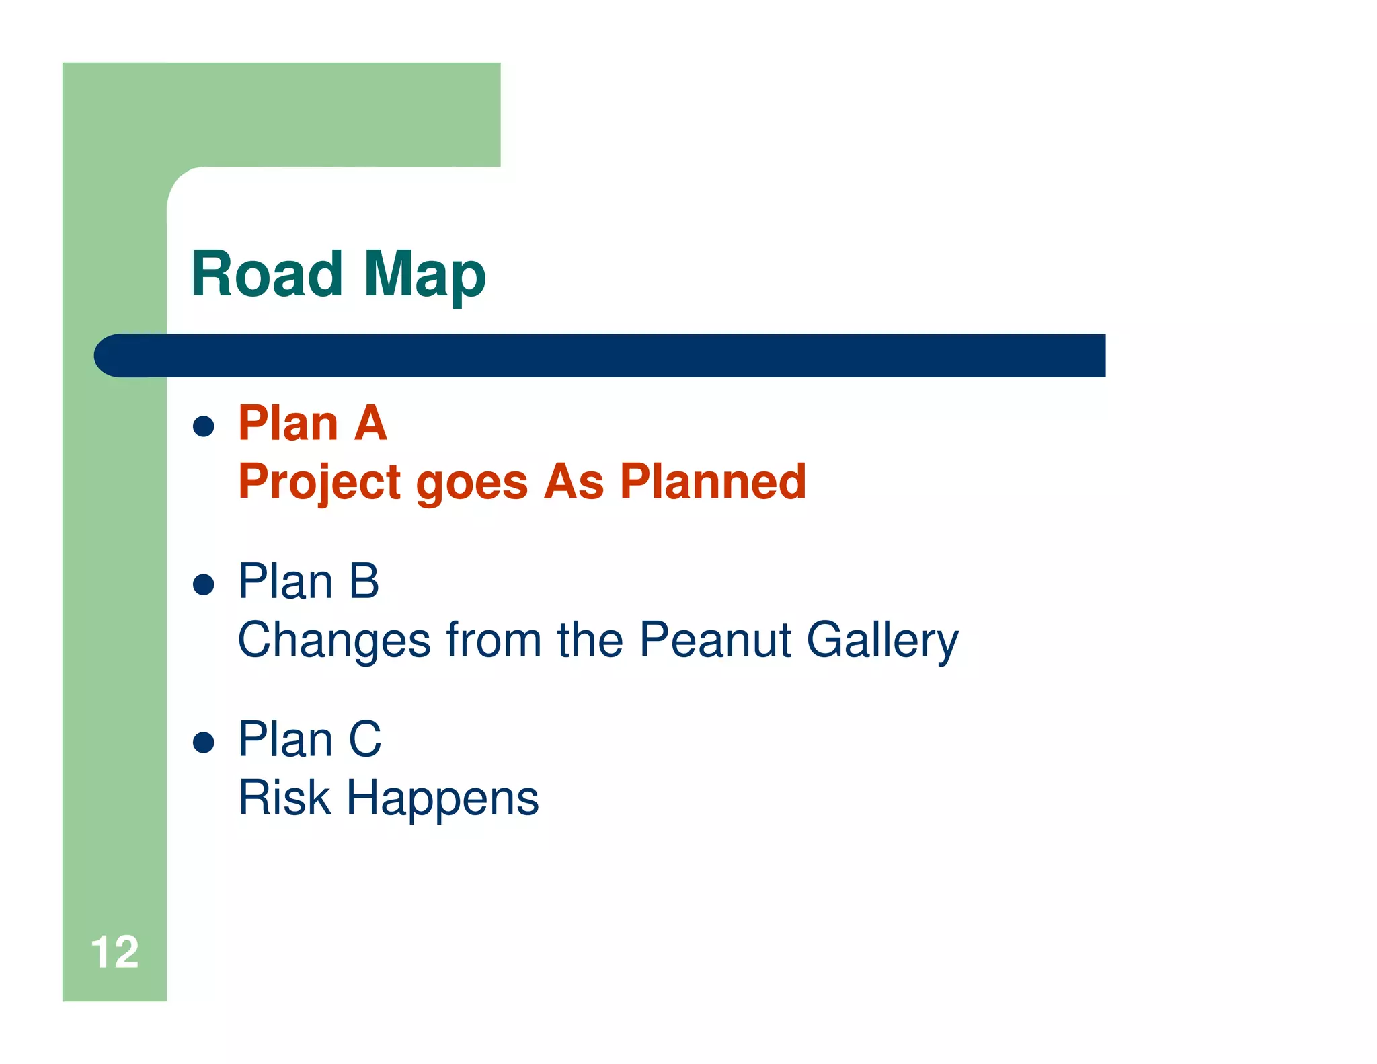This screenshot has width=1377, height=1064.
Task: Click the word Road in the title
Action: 266,274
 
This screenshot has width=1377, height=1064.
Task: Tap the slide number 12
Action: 114,952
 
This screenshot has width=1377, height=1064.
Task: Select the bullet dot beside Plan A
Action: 203,426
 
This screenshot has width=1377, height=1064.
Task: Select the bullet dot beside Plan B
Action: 203,584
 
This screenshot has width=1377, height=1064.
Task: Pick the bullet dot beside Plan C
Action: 203,742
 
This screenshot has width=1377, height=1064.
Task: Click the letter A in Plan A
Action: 370,424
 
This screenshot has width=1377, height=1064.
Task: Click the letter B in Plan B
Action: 364,582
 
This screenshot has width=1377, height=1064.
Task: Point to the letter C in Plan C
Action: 365,740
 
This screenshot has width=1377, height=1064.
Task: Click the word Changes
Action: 334,641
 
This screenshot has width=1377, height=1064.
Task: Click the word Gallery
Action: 882,641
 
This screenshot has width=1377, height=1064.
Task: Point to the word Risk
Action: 284,798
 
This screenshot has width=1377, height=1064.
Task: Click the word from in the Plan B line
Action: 494,640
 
